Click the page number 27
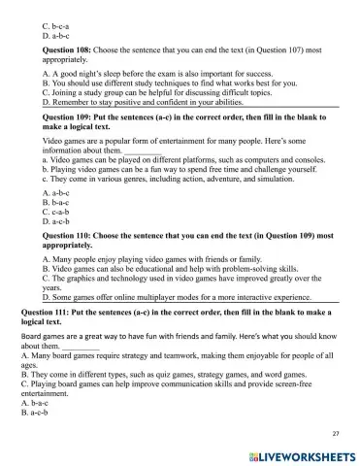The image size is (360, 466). [x=335, y=432]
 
